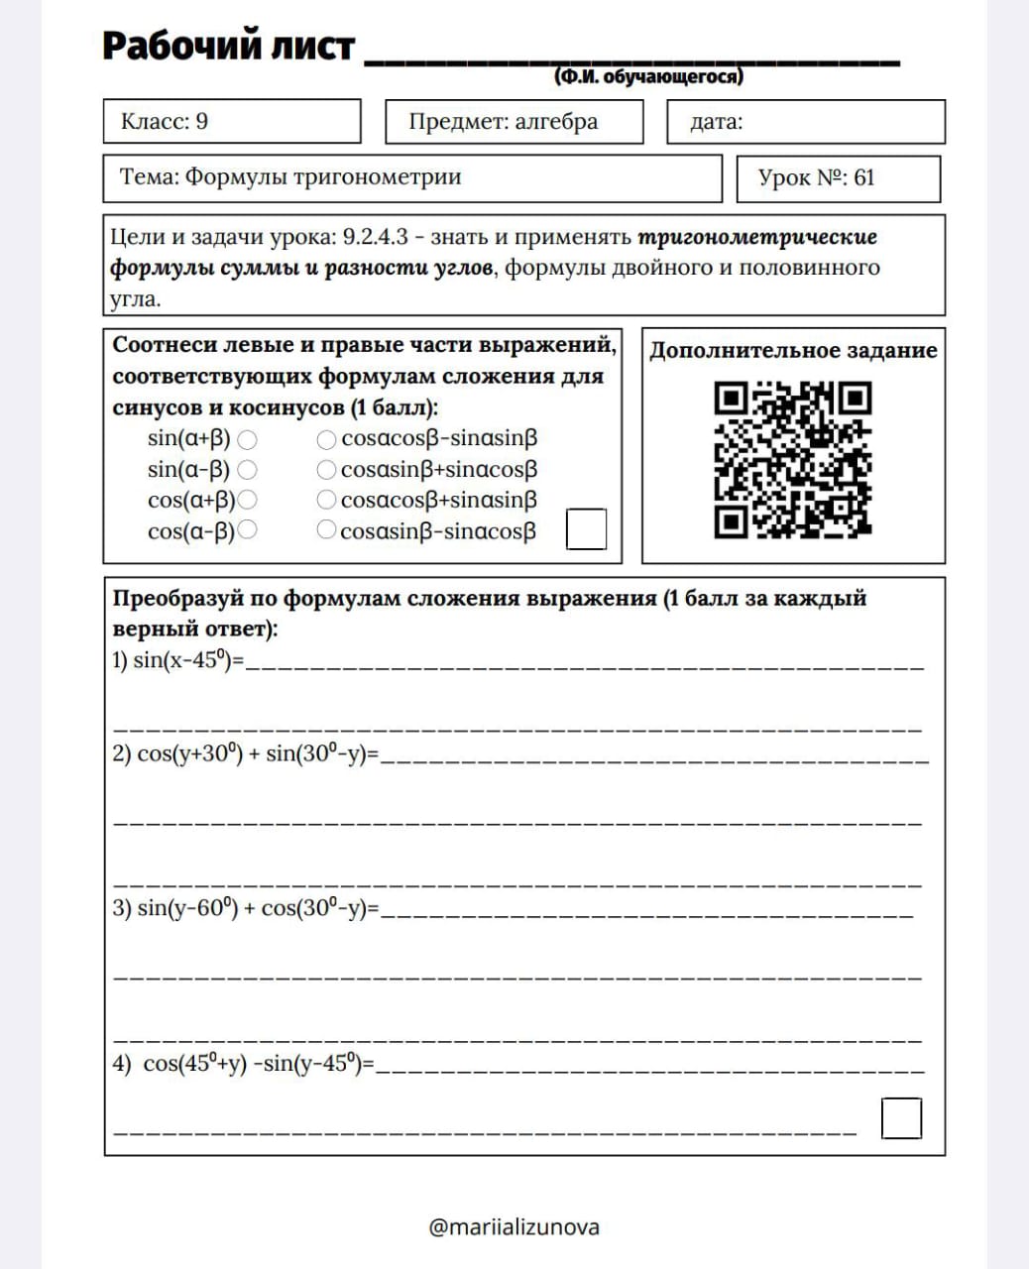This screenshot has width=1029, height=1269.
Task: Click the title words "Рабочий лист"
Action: click(x=228, y=47)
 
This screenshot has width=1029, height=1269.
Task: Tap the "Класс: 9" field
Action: click(x=231, y=122)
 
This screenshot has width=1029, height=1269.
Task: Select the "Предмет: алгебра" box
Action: click(x=514, y=122)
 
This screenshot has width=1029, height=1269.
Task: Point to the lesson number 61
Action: click(x=863, y=178)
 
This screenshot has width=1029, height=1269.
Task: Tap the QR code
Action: click(x=792, y=460)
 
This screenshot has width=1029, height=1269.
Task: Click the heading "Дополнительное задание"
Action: click(x=793, y=350)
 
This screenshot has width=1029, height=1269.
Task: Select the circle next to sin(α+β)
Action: click(x=247, y=438)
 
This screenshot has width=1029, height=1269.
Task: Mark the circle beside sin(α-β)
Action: click(x=247, y=469)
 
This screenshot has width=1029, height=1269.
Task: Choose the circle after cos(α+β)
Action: click(x=247, y=500)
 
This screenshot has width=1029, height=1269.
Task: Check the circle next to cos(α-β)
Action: click(x=247, y=530)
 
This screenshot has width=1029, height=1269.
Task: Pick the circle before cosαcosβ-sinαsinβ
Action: click(x=326, y=438)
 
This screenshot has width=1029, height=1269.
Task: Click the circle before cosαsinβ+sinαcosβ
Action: click(x=326, y=469)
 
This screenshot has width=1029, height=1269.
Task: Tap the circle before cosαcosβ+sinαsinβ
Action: click(x=326, y=500)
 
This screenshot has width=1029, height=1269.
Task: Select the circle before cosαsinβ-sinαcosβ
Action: click(x=326, y=530)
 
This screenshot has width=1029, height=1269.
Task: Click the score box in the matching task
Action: click(x=586, y=528)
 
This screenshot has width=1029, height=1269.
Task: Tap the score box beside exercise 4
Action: click(x=901, y=1118)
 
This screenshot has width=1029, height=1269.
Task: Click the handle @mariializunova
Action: click(x=514, y=1227)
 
